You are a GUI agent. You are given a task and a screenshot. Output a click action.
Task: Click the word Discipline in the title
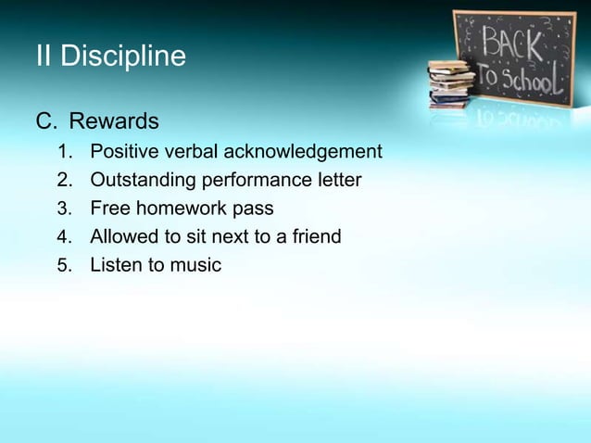(123, 57)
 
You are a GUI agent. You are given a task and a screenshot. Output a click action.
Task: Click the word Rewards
(114, 121)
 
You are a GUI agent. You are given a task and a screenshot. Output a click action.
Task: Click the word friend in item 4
(316, 237)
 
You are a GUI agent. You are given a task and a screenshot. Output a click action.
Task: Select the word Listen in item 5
(115, 266)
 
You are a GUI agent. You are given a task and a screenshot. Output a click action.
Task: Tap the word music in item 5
(195, 266)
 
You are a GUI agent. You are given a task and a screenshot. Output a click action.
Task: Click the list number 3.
(63, 209)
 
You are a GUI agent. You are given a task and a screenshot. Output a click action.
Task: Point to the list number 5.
(63, 266)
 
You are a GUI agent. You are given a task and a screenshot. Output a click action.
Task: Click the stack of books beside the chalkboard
(450, 85)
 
